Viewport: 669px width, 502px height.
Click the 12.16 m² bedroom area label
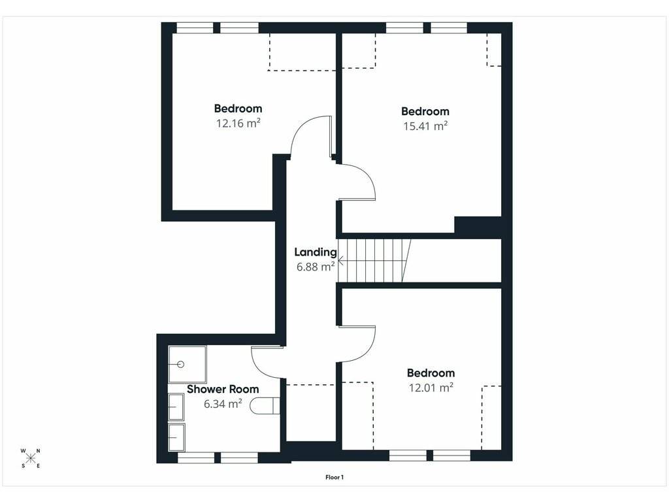point(238,124)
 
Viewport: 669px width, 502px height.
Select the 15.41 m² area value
point(425,126)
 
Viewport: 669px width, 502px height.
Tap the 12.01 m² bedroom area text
point(431,388)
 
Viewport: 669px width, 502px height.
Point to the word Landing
point(316,252)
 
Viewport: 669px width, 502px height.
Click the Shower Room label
point(223,390)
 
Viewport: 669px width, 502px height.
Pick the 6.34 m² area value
point(223,403)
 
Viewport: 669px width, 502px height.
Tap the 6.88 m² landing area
point(316,267)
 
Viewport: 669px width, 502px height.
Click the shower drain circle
point(180,364)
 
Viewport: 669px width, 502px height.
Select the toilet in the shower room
point(264,405)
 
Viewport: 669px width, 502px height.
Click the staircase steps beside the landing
point(374,260)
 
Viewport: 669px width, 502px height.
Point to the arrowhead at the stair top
point(340,260)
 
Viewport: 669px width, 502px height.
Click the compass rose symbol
point(31,458)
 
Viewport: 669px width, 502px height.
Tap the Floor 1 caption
point(334,477)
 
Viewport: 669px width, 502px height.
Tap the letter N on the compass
point(39,451)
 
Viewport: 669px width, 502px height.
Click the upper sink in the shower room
point(176,407)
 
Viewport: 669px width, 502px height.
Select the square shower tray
point(188,364)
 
